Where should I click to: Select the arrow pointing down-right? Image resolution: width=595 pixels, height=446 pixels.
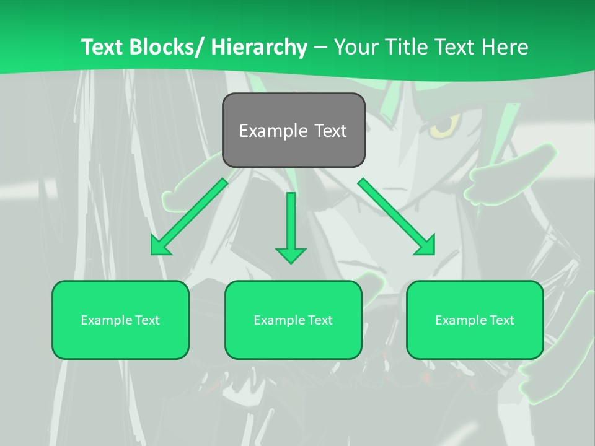click(397, 217)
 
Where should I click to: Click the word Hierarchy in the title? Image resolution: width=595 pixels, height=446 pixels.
click(259, 47)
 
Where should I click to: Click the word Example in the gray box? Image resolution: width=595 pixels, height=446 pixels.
click(273, 131)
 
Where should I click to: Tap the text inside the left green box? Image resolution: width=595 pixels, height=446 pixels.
click(120, 320)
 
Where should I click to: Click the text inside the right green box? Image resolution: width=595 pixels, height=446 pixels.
click(475, 320)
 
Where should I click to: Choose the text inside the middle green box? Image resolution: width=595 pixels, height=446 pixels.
click(293, 320)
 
